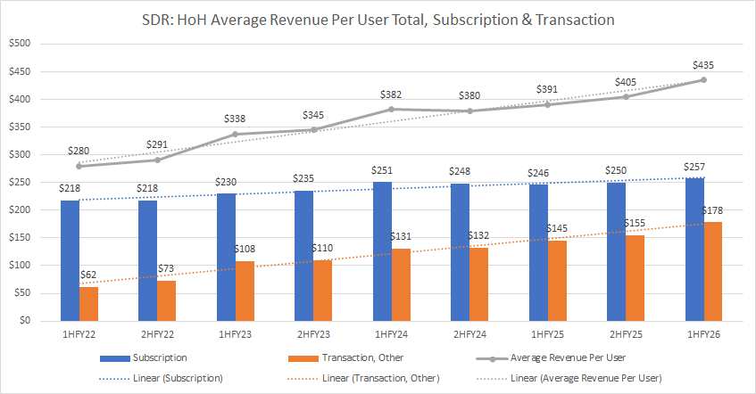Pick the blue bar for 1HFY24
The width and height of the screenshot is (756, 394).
[381, 251]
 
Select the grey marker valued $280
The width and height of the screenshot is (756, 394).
[79, 166]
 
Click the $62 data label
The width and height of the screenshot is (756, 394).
[88, 275]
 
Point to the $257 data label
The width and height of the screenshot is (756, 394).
[694, 167]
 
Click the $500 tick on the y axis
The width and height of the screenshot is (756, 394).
[18, 44]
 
